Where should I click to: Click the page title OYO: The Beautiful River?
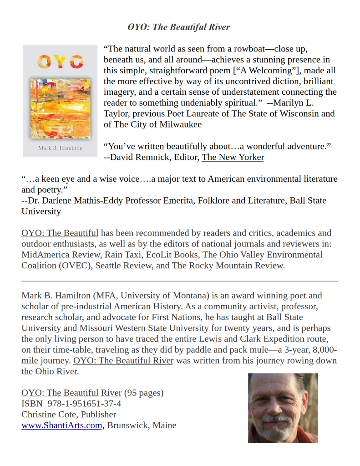[x=178, y=27]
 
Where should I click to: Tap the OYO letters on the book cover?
[x=60, y=61]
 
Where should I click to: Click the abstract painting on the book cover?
[x=60, y=108]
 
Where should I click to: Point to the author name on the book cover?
[x=60, y=148]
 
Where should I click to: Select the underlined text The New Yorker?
[x=233, y=157]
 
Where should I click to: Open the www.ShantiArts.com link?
[x=61, y=425]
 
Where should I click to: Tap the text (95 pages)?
[x=143, y=393]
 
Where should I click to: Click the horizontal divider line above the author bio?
[x=180, y=282]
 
